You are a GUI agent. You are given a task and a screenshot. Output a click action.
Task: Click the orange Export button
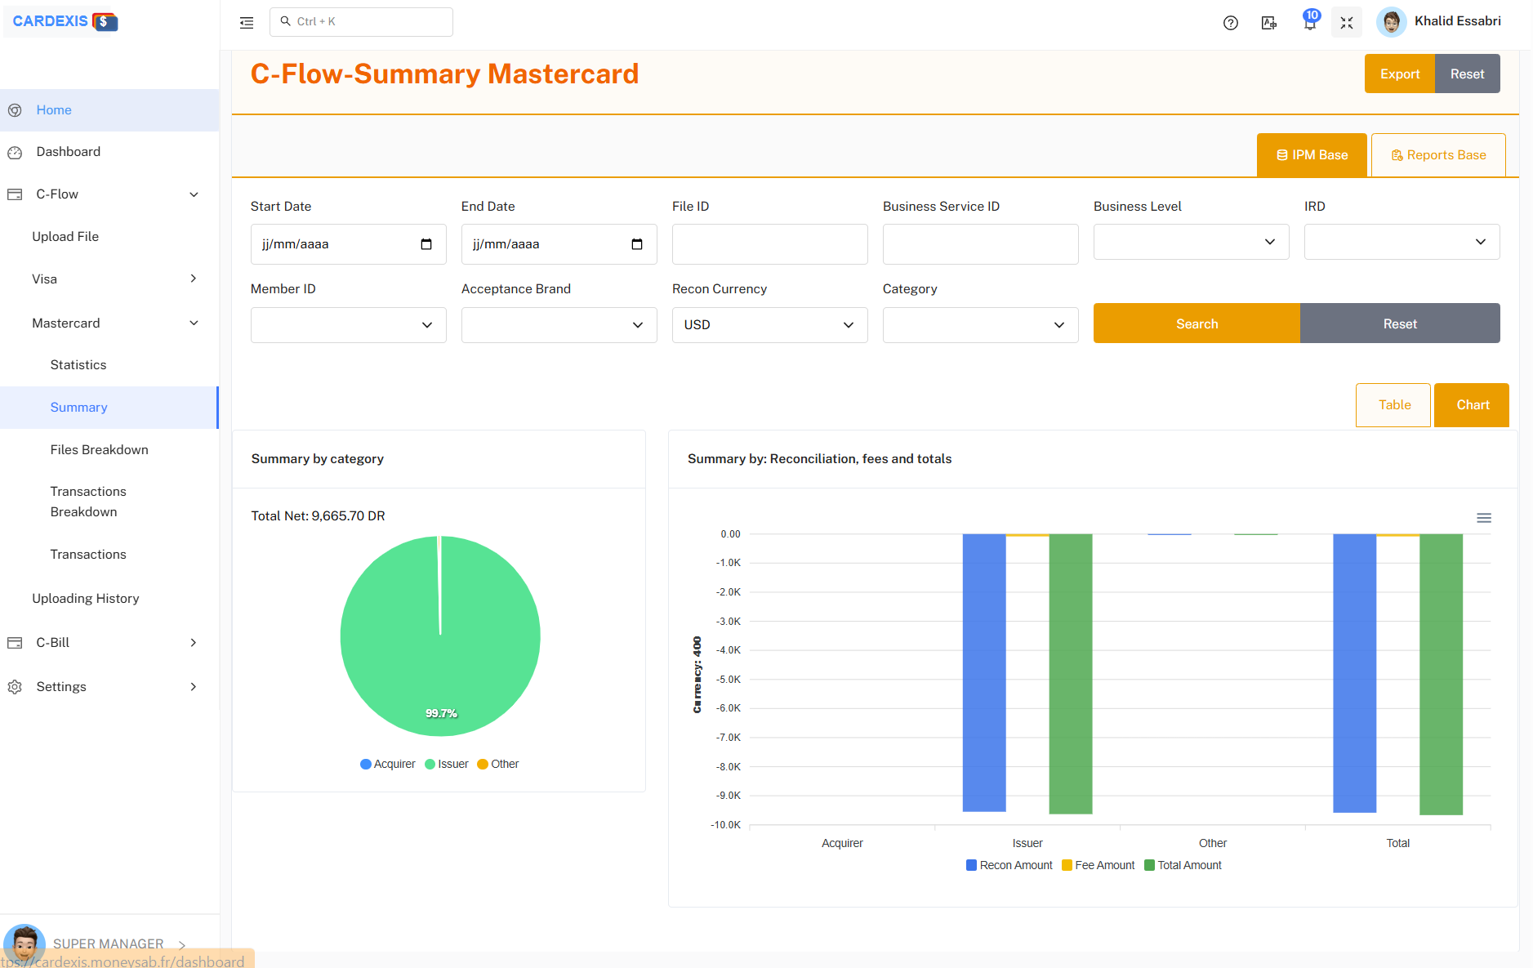tap(1399, 74)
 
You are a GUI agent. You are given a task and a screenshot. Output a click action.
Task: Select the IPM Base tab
tap(1312, 155)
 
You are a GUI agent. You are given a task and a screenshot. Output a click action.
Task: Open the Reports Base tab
tap(1438, 155)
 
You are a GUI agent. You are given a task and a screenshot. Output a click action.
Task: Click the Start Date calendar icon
tap(426, 244)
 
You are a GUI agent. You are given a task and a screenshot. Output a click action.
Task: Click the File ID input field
tap(769, 244)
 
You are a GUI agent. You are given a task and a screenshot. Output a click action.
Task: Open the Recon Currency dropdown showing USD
tap(769, 325)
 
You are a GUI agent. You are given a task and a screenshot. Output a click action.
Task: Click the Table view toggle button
tap(1393, 405)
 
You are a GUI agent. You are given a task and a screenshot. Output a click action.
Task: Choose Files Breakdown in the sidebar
tap(99, 450)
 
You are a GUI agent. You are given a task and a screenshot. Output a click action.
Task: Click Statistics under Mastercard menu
tap(78, 365)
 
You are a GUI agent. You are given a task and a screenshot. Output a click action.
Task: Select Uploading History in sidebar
tap(86, 599)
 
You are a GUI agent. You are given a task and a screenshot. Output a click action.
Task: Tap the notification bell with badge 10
tap(1310, 23)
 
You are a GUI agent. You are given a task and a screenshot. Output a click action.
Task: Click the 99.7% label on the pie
tap(441, 713)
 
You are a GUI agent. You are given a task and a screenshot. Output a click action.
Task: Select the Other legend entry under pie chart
tap(498, 765)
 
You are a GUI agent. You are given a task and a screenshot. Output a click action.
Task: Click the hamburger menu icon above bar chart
tap(1484, 518)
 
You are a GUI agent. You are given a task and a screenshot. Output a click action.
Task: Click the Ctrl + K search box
tap(361, 22)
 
